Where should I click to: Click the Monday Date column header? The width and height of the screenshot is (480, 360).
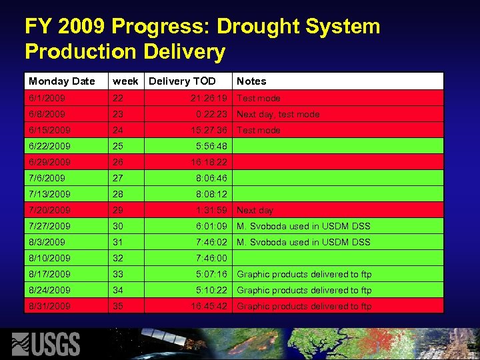(x=62, y=81)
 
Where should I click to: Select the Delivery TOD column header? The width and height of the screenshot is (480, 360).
(x=182, y=81)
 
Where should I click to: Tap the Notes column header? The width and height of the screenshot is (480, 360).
(x=251, y=81)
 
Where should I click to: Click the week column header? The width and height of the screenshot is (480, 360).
(x=125, y=81)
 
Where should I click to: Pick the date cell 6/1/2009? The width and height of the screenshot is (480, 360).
(x=47, y=98)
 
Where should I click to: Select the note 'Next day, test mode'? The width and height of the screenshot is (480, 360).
(x=278, y=114)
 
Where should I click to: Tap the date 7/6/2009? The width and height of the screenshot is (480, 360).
(x=47, y=178)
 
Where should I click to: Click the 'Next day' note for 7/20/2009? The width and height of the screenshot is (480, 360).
(x=255, y=210)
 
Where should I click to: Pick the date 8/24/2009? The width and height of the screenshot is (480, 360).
(x=49, y=290)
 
